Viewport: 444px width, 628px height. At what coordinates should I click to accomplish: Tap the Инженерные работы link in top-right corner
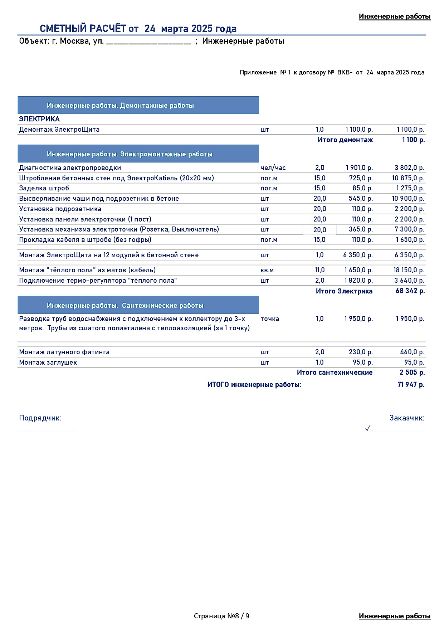pos(394,16)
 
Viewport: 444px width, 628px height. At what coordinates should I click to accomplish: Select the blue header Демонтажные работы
pos(138,106)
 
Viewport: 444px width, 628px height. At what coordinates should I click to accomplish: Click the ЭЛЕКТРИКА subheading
pos(39,119)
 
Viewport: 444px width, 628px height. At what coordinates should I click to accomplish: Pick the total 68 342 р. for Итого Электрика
pos(410,291)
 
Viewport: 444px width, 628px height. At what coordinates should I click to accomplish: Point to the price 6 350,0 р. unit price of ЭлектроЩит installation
pos(358,255)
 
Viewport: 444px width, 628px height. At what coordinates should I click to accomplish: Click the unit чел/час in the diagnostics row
pos(273,168)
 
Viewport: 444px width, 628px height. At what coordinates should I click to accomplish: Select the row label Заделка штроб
pos(44,188)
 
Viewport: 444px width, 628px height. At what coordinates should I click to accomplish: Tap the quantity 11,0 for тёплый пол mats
pos(319,270)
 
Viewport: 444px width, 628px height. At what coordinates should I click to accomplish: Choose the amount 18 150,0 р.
pos(409,270)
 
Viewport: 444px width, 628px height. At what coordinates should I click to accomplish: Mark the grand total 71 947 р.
pos(411,385)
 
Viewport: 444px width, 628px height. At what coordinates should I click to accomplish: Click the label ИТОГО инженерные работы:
pos(254,385)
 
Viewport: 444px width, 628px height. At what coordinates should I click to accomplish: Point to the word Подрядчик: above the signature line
pos(40,418)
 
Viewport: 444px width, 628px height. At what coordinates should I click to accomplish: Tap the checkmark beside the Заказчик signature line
pos(367,428)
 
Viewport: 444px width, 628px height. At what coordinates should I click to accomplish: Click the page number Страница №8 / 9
pos(221,616)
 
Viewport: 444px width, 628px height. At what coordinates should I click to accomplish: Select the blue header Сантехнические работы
pos(138,305)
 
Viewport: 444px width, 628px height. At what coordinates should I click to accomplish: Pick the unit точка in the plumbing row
pos(270,319)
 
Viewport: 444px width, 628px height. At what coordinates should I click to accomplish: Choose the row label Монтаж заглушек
pos(48,362)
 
